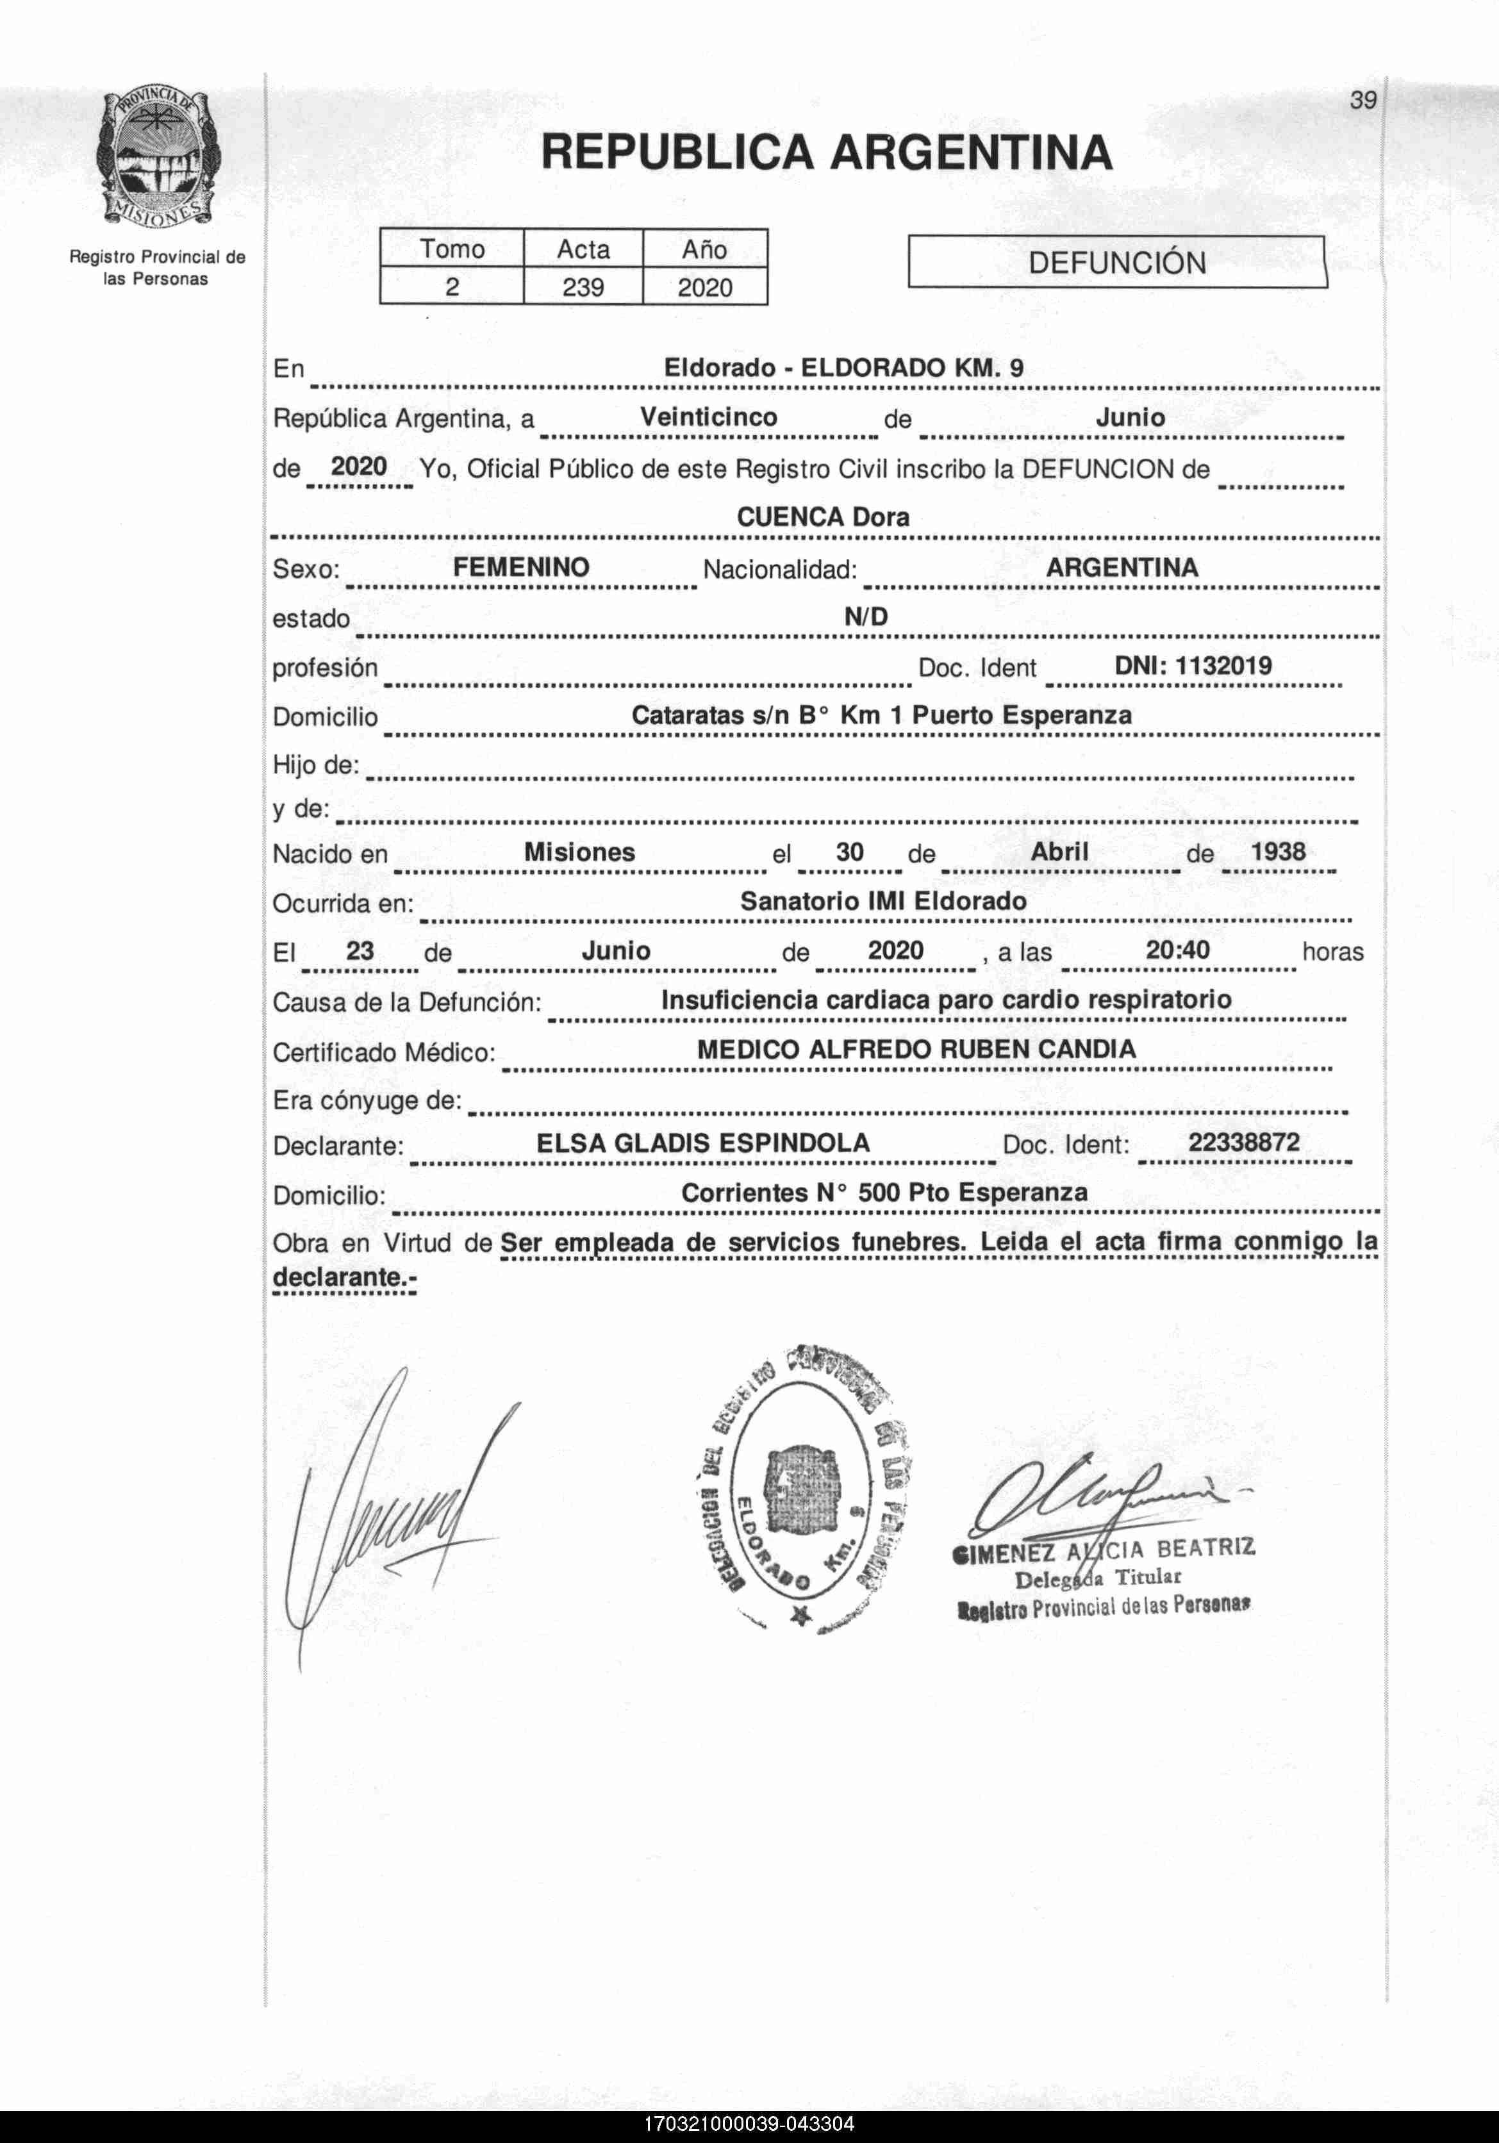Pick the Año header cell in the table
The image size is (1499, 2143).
(x=705, y=249)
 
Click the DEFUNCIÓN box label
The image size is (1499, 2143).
(x=1116, y=262)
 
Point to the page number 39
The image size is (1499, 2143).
(x=1362, y=101)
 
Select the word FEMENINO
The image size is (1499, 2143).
(x=521, y=568)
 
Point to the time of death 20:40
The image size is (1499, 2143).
(x=1177, y=950)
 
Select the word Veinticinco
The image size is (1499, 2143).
(x=708, y=417)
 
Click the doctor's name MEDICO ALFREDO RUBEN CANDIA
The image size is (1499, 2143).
(x=916, y=1049)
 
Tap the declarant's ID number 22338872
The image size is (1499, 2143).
(x=1243, y=1143)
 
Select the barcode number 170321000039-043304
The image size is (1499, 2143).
(x=749, y=2123)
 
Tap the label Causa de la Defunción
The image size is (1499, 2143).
(x=407, y=1002)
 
